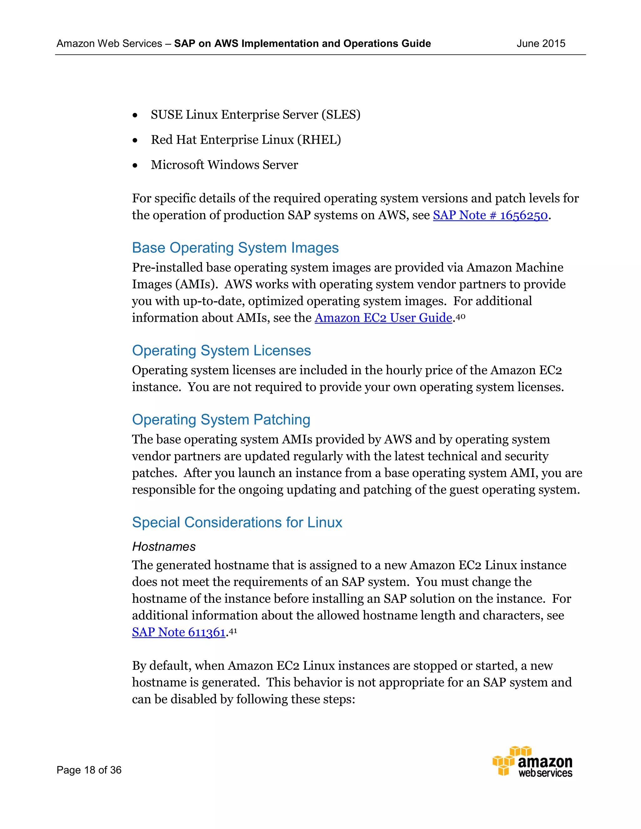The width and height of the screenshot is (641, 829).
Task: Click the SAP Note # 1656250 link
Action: click(490, 215)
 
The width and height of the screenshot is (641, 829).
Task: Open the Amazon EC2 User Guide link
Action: click(383, 318)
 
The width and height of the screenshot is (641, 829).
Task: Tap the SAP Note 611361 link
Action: click(179, 632)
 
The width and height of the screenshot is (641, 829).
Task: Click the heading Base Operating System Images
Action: click(235, 248)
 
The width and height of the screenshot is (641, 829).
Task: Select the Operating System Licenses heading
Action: click(221, 350)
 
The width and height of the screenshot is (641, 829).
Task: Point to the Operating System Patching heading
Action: click(221, 420)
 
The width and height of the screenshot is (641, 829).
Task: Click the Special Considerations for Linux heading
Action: click(237, 522)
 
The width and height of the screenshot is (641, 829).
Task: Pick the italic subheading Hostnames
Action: click(164, 547)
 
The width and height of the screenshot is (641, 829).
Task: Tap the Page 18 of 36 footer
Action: click(89, 770)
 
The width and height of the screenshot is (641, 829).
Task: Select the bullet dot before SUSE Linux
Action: click(135, 115)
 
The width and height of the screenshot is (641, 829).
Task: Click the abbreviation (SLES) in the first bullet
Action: click(341, 114)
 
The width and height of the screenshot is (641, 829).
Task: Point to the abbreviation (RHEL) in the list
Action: click(319, 140)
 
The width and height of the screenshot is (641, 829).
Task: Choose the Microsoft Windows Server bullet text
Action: click(224, 165)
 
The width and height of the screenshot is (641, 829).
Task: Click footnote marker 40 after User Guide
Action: click(460, 316)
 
